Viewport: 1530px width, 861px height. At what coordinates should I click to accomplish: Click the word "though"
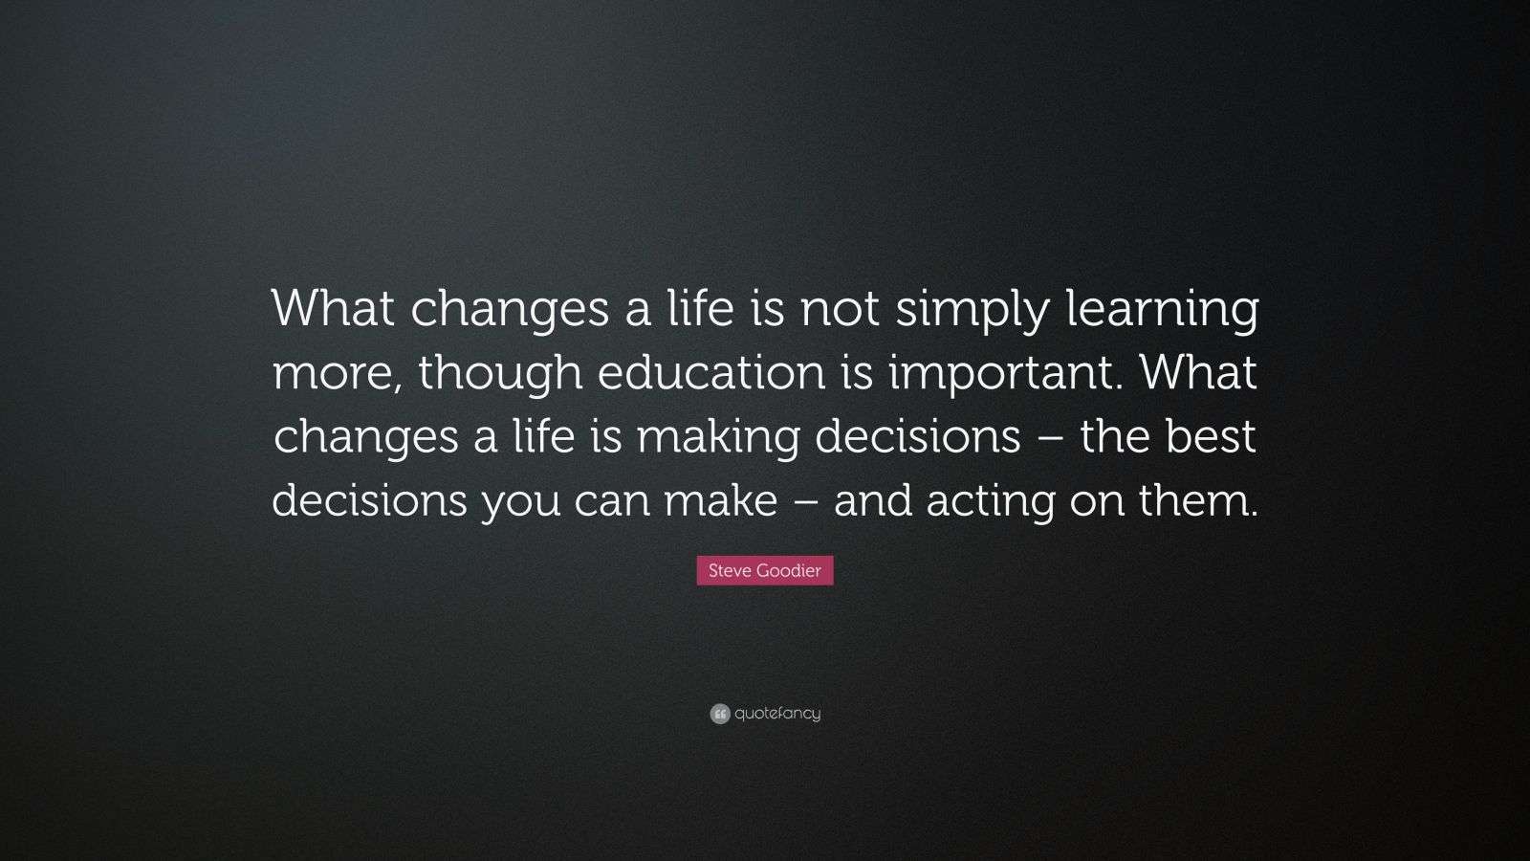(x=499, y=374)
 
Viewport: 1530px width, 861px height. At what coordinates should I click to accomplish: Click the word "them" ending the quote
(x=1198, y=499)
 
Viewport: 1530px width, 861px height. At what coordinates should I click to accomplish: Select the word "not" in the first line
(x=840, y=310)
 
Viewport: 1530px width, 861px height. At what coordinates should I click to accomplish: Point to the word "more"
(x=337, y=374)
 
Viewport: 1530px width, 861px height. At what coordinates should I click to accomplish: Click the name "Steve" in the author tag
(x=730, y=570)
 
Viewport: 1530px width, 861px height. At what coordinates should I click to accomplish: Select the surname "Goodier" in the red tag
(x=789, y=570)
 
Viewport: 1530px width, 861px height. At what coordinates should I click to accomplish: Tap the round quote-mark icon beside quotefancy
(x=720, y=714)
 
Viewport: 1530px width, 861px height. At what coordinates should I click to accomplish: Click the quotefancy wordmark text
(x=777, y=714)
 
